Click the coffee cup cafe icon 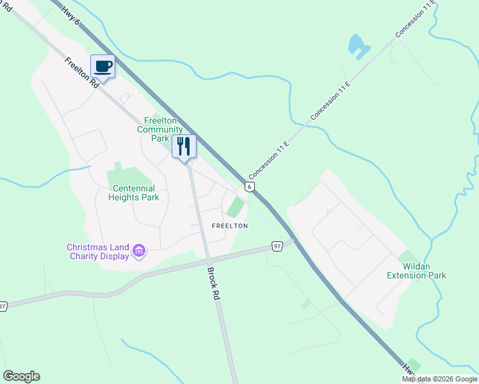102,66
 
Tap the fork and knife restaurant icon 184,146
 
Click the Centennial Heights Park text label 136,193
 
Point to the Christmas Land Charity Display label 99,252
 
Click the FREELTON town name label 230,226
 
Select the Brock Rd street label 213,284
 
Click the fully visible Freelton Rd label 81,72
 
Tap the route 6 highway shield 250,186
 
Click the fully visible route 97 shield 277,246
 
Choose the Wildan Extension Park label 416,271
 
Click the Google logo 21,376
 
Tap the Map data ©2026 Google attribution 439,379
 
